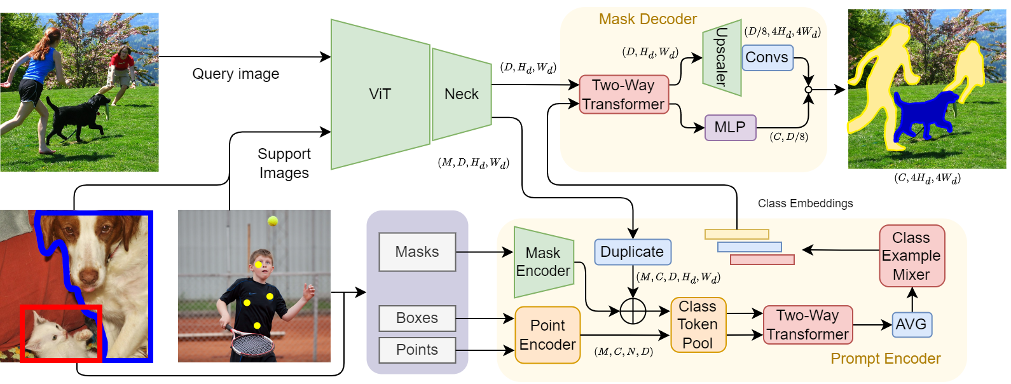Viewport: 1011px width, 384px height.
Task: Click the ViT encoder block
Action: (380, 94)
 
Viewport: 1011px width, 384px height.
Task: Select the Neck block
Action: (462, 94)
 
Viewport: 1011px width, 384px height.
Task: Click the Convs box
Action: (767, 57)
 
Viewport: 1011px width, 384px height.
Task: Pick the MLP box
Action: (730, 127)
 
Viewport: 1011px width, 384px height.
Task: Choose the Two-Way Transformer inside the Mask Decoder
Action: (624, 94)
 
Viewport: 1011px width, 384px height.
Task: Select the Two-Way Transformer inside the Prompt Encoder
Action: (808, 325)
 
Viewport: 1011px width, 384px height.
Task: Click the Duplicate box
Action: (632, 252)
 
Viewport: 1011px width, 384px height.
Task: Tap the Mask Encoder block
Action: (543, 262)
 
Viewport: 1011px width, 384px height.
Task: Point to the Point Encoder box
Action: (547, 335)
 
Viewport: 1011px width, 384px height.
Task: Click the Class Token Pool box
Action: (698, 325)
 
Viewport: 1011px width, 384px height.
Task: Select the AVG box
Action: (911, 324)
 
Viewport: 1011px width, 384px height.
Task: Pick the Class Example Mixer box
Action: (911, 256)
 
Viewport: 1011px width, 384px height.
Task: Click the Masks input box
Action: (417, 252)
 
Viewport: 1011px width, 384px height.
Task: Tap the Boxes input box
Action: (417, 318)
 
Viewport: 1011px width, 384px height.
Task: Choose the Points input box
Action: (417, 350)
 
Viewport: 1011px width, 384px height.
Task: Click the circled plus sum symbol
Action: (633, 311)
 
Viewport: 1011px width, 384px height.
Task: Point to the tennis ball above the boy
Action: (273, 221)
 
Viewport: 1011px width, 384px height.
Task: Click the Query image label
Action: (236, 74)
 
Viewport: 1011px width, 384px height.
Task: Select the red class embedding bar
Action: (762, 259)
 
